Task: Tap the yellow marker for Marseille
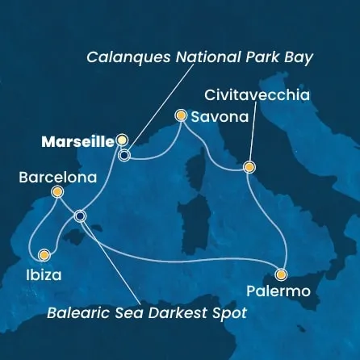coord(123,140)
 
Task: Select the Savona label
coord(220,117)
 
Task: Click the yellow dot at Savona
coord(182,116)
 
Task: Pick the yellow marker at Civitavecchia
coord(249,168)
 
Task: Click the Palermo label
coord(280,291)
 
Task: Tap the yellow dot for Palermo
coord(281,273)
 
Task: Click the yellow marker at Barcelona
coord(57,192)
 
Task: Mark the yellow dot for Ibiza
coord(44,255)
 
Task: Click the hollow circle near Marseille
coord(124,155)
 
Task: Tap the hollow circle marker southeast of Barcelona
coord(79,216)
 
